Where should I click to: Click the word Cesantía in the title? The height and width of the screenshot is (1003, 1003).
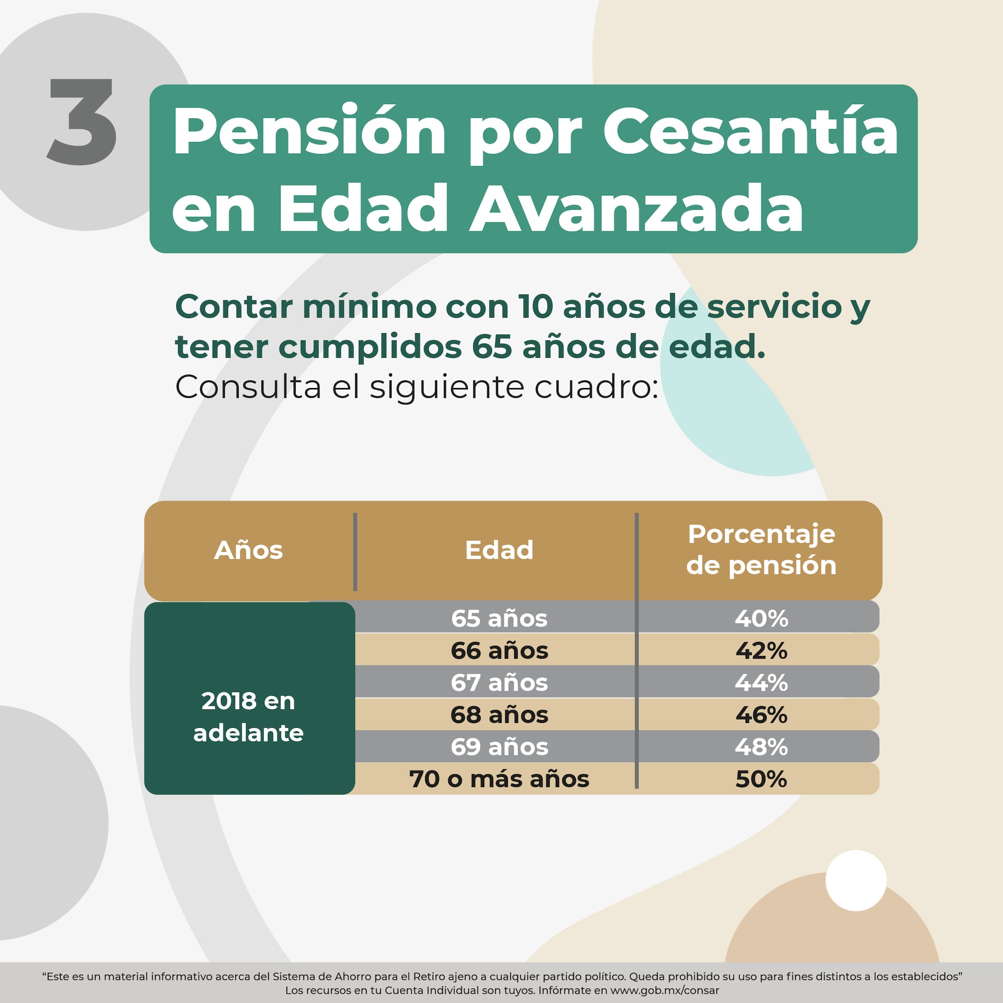(x=750, y=132)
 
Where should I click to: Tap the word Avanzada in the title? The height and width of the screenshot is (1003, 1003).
(x=636, y=208)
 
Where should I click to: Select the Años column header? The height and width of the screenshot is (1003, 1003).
(x=249, y=550)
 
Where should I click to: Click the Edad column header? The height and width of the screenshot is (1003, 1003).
(x=499, y=550)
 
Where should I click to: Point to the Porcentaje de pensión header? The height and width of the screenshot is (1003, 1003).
(x=761, y=550)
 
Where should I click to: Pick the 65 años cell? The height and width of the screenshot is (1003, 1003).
(x=499, y=618)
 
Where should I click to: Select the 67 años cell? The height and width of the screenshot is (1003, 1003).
(x=499, y=682)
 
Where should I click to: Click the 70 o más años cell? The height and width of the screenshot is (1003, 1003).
(x=499, y=779)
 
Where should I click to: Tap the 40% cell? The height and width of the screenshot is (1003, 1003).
(x=761, y=618)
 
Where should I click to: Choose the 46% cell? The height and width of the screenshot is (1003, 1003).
(x=761, y=715)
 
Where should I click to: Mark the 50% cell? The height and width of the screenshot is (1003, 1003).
(x=761, y=779)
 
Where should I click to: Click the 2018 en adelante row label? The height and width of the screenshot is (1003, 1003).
(x=249, y=717)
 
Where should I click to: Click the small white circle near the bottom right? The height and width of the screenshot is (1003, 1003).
(x=856, y=881)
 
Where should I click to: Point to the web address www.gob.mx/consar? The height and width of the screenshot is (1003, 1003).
(x=664, y=990)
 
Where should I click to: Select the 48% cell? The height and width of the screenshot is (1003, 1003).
(x=761, y=747)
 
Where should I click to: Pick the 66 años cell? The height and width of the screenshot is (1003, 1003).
(x=499, y=650)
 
